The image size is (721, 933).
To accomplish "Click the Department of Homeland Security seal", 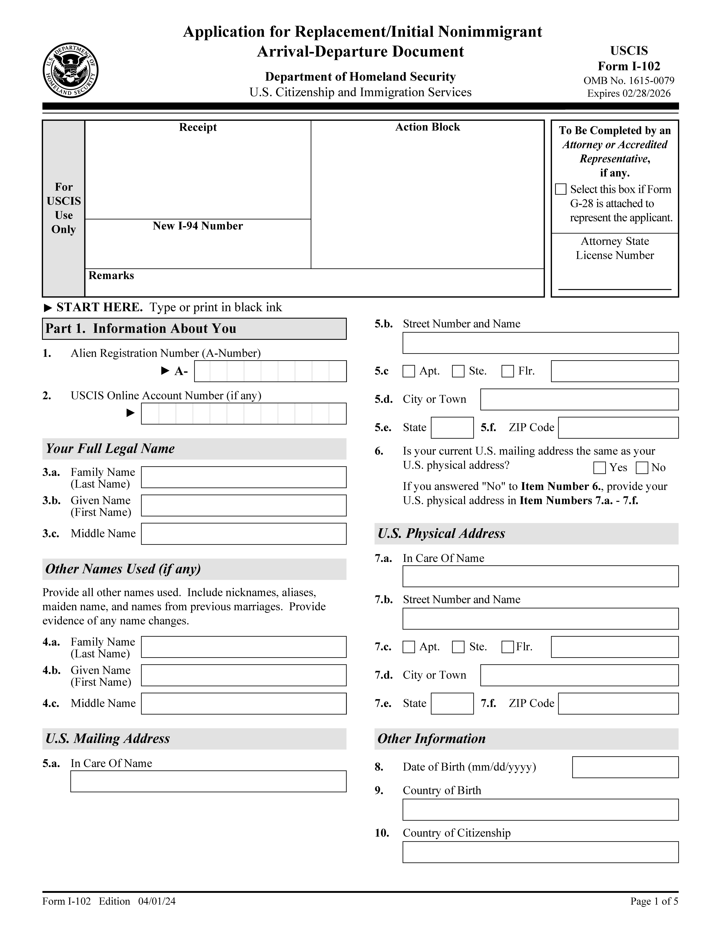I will click(70, 70).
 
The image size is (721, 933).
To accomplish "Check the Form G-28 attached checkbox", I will click(560, 189).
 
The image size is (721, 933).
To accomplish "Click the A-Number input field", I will click(270, 371).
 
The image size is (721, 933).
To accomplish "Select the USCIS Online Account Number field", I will click(243, 413).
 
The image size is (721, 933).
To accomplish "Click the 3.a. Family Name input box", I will click(243, 477).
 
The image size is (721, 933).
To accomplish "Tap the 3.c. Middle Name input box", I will click(243, 534).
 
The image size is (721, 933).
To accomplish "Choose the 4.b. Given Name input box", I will click(243, 675).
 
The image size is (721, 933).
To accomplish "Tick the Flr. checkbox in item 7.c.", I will click(507, 647).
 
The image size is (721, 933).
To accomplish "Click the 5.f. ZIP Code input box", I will click(618, 428).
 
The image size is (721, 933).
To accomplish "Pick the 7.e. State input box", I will click(452, 704).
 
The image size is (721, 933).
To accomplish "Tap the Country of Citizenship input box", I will click(540, 852).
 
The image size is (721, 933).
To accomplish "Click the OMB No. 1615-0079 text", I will click(629, 81).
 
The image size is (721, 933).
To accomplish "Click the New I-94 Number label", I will click(198, 226).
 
